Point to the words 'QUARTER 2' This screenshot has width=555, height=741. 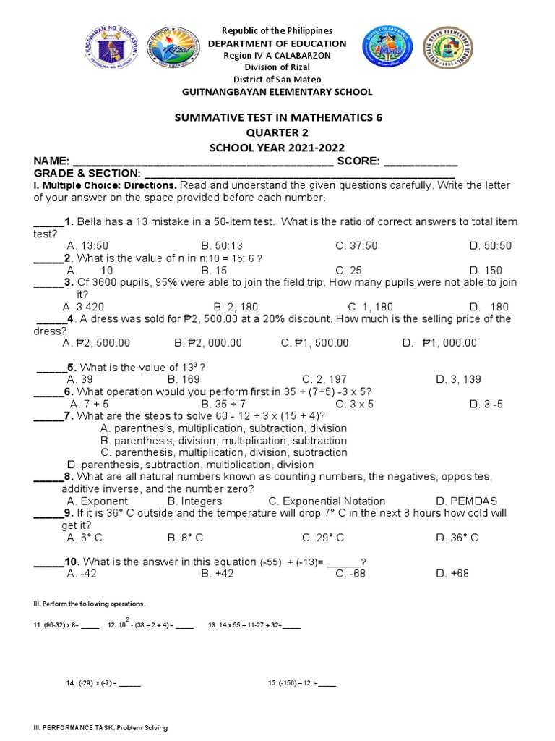[x=277, y=133]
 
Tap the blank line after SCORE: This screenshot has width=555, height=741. [x=420, y=161]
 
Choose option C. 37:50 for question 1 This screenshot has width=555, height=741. [x=356, y=246]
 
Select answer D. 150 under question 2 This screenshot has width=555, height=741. [x=486, y=270]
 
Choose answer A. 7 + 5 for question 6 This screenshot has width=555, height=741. [x=87, y=404]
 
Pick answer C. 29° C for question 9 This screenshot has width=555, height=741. [x=323, y=538]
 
